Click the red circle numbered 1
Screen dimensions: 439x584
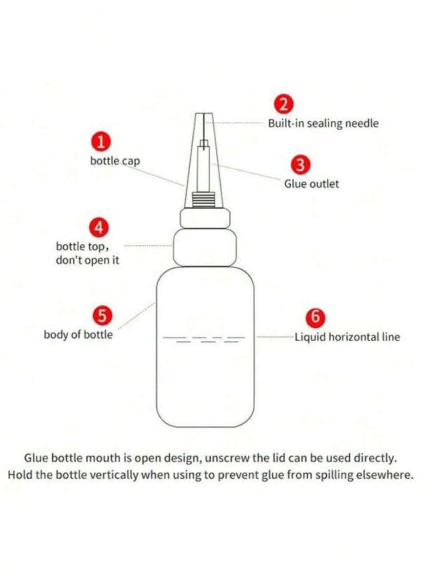[100, 142]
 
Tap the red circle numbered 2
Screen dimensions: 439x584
[284, 104]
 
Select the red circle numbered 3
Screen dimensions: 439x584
[300, 165]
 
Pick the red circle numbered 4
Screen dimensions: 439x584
[99, 227]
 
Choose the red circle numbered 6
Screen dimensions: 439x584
[315, 317]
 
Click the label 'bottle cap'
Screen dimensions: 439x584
[115, 161]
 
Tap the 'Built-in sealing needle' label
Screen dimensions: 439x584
[323, 123]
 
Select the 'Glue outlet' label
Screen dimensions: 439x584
[312, 184]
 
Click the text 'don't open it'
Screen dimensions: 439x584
[88, 260]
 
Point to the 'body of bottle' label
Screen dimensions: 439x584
[78, 334]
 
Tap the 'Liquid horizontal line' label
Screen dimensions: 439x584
[347, 337]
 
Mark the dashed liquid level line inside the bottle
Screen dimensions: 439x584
[204, 339]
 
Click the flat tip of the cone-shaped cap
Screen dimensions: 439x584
[204, 113]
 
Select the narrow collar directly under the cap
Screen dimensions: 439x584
[205, 218]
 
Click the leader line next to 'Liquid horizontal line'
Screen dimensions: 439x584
[275, 337]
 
